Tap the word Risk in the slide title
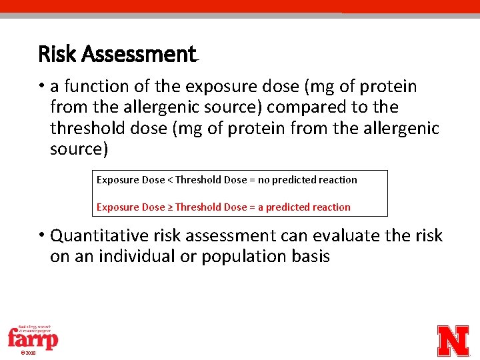[57, 54]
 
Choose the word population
[243, 257]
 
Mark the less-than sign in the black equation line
[169, 180]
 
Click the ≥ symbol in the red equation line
[169, 207]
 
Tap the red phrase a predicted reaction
[304, 207]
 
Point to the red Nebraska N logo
[453, 341]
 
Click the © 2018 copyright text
[28, 353]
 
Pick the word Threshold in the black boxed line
[198, 180]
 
